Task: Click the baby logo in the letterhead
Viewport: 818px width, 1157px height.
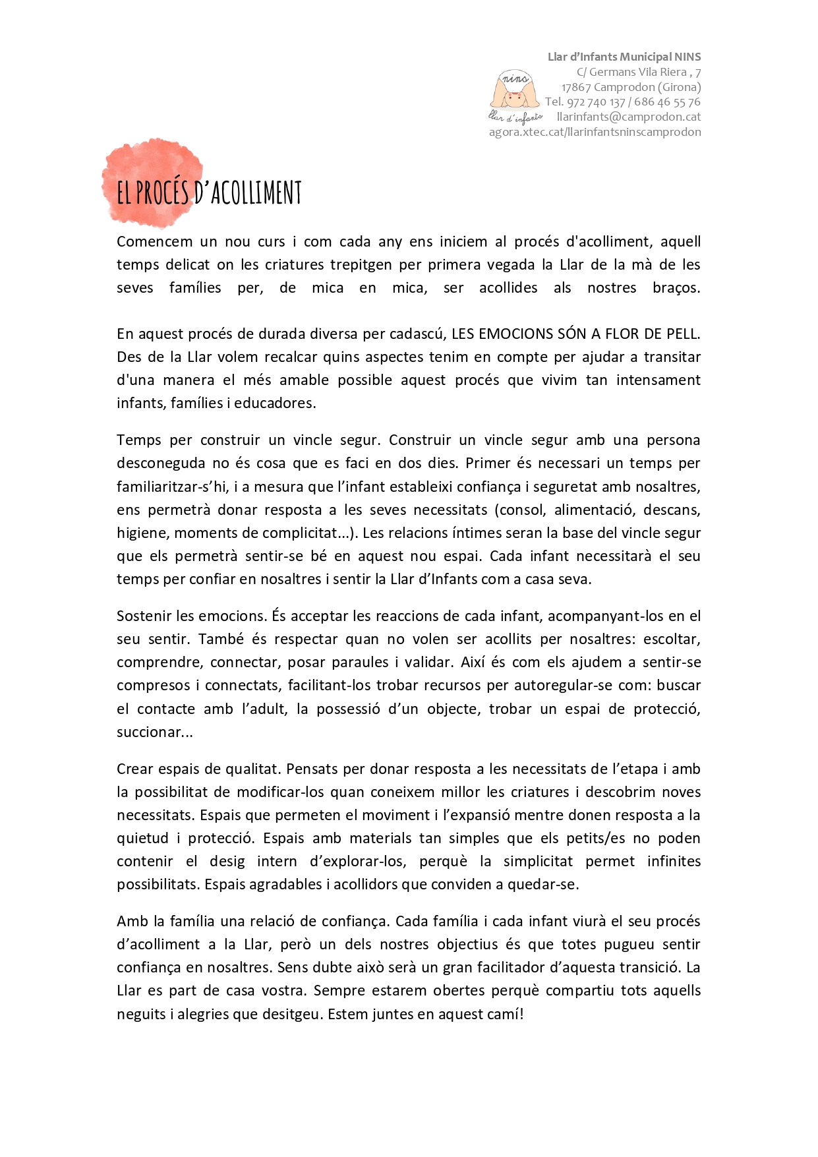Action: (511, 91)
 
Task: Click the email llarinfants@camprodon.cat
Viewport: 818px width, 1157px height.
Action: (629, 117)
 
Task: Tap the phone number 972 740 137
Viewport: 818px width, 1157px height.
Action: (596, 102)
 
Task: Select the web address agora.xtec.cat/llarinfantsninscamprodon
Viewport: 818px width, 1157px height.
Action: (595, 132)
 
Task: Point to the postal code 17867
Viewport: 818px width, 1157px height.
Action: (575, 87)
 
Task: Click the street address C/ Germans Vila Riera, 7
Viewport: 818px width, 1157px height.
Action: (638, 72)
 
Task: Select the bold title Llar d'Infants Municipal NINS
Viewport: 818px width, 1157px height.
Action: (624, 57)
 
